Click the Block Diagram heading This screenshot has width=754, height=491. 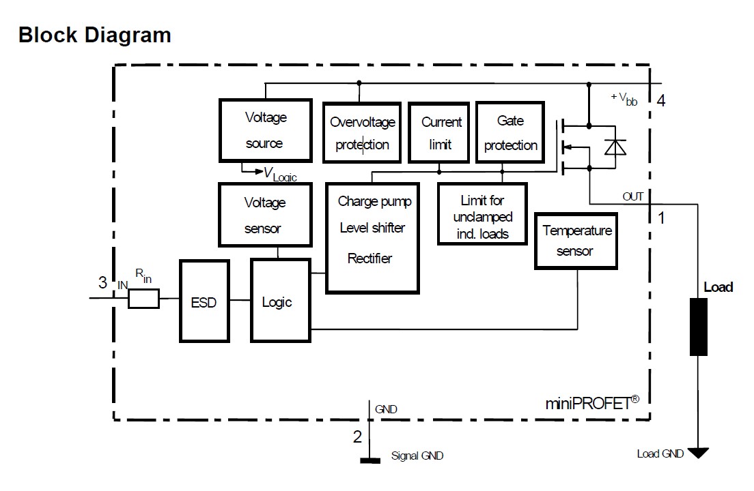click(x=95, y=35)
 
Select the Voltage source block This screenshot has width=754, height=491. click(x=264, y=130)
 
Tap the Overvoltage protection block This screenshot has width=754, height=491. click(x=362, y=133)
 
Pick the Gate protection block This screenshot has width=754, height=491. click(x=510, y=133)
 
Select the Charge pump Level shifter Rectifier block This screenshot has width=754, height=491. click(x=373, y=237)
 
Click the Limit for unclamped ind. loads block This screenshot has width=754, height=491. click(x=482, y=213)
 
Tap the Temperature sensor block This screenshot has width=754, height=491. click(x=577, y=240)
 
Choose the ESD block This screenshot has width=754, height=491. click(x=204, y=301)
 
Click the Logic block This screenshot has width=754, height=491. click(x=280, y=301)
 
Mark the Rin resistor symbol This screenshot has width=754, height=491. click(x=144, y=299)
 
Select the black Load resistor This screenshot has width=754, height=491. click(x=697, y=327)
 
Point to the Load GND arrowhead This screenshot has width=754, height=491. click(x=698, y=452)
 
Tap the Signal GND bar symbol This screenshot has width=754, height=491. click(x=370, y=460)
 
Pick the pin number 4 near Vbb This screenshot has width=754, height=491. click(x=660, y=102)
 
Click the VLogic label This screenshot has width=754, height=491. click(x=280, y=175)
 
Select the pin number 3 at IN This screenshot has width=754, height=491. click(x=102, y=283)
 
